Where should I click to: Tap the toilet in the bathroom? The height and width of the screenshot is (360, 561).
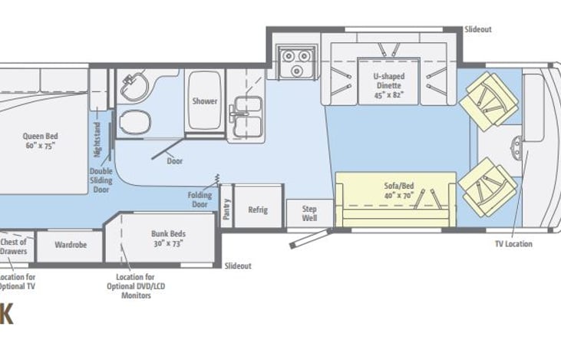pyautogui.click(x=134, y=121)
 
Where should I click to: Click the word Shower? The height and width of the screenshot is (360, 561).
pyautogui.click(x=204, y=101)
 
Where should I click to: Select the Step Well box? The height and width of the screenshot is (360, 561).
pyautogui.click(x=309, y=212)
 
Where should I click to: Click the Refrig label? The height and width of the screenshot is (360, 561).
pyautogui.click(x=257, y=210)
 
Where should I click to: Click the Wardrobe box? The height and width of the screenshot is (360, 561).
pyautogui.click(x=70, y=246)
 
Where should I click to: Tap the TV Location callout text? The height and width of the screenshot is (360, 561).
pyautogui.click(x=513, y=244)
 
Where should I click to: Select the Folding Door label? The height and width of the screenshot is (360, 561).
pyautogui.click(x=200, y=200)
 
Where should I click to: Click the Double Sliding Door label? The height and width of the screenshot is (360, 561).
pyautogui.click(x=101, y=180)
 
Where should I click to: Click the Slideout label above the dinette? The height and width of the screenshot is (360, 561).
pyautogui.click(x=477, y=29)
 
